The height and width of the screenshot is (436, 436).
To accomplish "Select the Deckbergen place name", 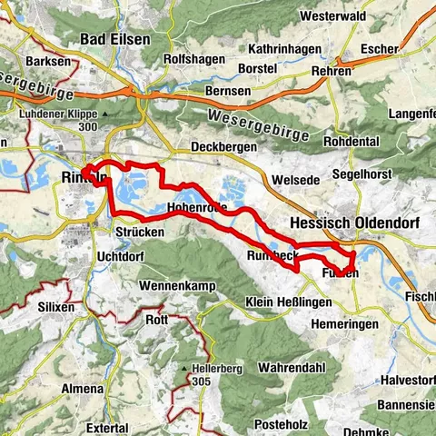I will (220, 146).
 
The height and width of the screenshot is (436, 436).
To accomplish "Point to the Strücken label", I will (141, 232).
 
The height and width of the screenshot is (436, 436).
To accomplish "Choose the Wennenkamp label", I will (176, 286).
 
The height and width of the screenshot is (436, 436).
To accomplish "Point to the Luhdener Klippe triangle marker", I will (105, 114).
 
